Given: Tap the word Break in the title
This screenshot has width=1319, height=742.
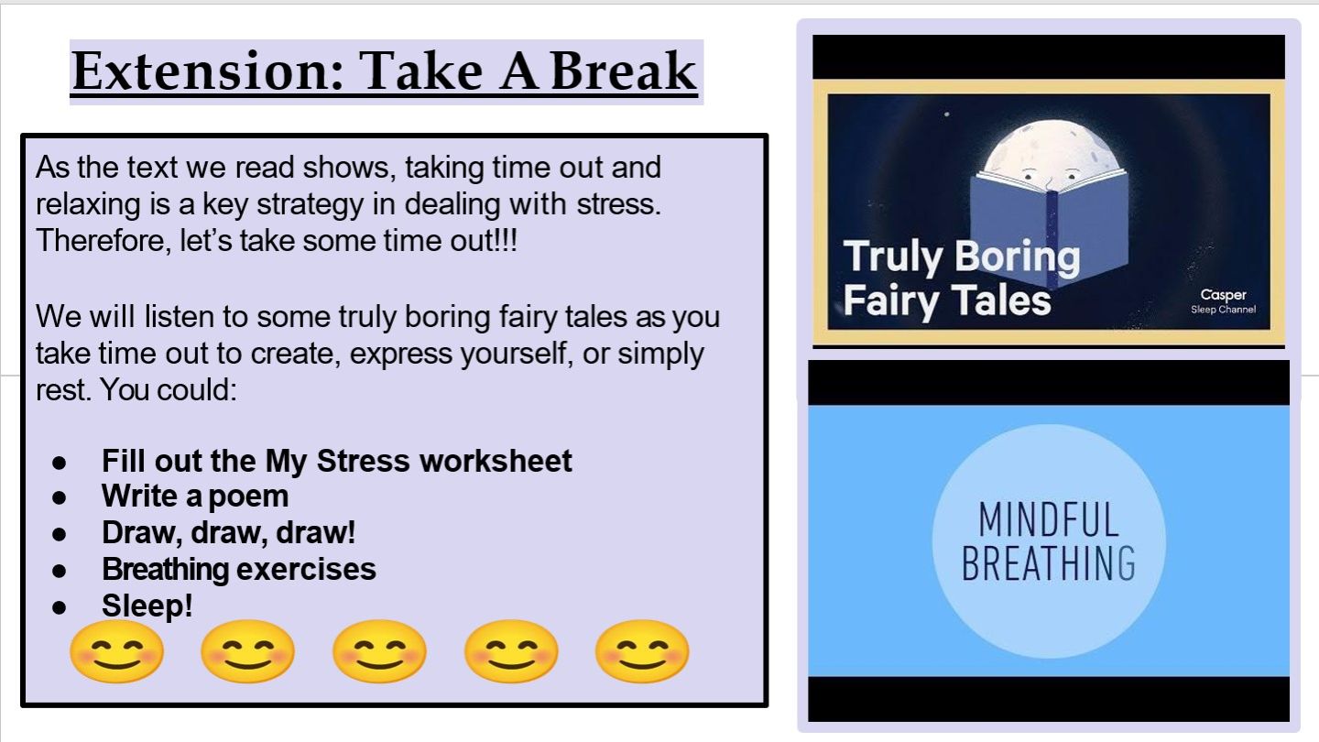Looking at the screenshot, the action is click(623, 71).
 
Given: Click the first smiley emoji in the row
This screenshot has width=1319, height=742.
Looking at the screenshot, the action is click(116, 651).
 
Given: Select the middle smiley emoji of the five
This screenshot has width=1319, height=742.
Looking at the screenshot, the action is click(379, 651).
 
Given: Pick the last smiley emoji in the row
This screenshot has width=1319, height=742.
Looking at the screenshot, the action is click(642, 651).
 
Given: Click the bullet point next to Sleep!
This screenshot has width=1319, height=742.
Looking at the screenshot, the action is click(59, 606).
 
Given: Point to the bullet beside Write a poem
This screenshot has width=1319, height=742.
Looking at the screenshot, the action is click(59, 497).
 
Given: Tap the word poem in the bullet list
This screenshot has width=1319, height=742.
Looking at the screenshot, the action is click(248, 497).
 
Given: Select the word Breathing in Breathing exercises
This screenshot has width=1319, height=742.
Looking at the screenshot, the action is click(165, 570).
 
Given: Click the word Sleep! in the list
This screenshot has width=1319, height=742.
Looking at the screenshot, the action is click(147, 606).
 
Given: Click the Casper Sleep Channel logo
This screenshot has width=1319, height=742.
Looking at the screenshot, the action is click(1223, 300).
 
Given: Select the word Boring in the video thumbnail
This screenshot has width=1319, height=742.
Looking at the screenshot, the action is click(1017, 256).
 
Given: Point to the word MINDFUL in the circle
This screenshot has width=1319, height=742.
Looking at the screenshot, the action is click(1048, 519).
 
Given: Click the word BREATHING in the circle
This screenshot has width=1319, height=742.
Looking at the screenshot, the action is click(1048, 563).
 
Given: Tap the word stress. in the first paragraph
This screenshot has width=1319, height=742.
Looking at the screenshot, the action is click(619, 204).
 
